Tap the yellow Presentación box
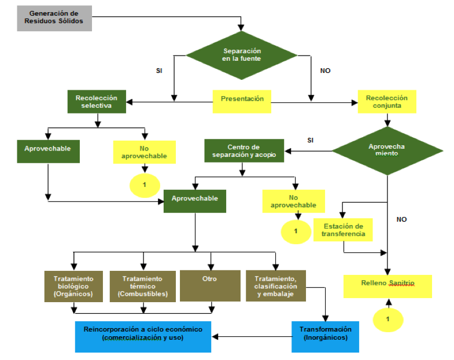point(242,100)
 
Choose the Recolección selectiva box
point(97,101)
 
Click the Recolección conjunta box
point(386,102)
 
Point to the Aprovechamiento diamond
point(386,150)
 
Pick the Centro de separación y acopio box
point(244,150)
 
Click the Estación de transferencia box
point(344,229)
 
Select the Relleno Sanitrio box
point(388,284)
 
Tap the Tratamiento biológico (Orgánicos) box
point(74,286)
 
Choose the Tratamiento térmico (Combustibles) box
point(142,286)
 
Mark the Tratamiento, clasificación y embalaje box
point(276,286)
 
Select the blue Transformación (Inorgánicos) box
point(325,334)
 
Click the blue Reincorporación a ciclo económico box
point(143,334)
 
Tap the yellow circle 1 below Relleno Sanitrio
point(388,319)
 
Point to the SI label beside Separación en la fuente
point(159,71)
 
